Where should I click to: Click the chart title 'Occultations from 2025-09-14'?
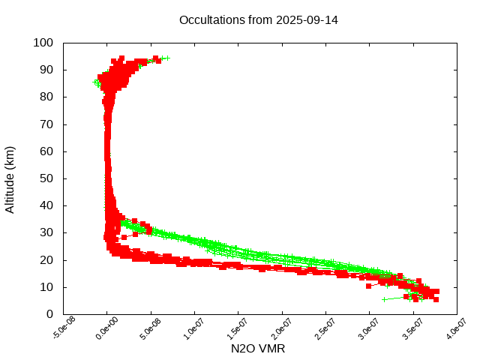coord(258,20)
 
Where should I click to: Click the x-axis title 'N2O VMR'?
coord(258,349)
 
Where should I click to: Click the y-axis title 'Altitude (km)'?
coord(10,179)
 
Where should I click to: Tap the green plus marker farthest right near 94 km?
coord(167,58)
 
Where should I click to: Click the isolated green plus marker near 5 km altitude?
coord(384,299)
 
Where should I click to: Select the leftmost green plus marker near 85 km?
coord(95,82)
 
